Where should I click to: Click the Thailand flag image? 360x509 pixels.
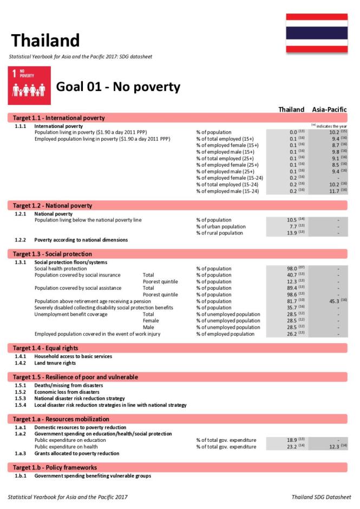pyautogui.click(x=317, y=33)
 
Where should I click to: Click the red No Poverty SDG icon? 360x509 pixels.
pyautogui.click(x=29, y=86)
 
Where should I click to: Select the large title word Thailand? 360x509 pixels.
pyautogui.click(x=45, y=40)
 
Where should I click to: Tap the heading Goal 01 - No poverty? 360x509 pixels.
pyautogui.click(x=118, y=87)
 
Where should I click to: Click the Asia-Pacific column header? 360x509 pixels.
pyautogui.click(x=329, y=109)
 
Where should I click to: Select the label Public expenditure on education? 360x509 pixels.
pyautogui.click(x=70, y=440)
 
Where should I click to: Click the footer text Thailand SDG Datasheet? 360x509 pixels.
pyautogui.click(x=321, y=497)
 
